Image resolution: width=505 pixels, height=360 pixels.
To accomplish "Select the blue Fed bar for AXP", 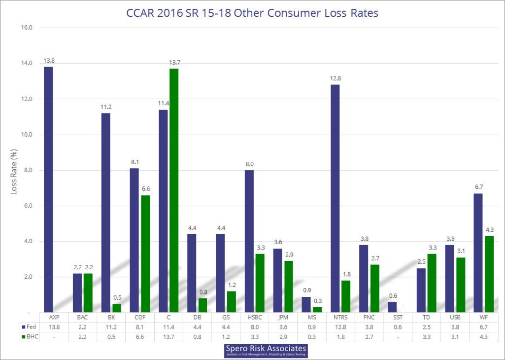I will [x=48, y=189].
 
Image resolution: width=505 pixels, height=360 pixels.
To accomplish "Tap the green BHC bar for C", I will [x=174, y=190].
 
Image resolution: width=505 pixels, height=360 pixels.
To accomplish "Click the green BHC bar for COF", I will [x=146, y=253].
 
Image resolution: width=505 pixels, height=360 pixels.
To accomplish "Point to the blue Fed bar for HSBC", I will [x=249, y=241].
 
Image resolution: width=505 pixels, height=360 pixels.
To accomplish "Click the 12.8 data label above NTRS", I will [x=335, y=78].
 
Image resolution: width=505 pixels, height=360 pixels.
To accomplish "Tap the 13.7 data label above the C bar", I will [x=174, y=63].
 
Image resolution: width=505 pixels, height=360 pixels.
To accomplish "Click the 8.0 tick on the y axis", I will [x=27, y=170].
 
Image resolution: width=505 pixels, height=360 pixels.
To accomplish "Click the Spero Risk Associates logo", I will [x=266, y=351].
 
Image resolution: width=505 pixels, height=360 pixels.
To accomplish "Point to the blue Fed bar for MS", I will [x=306, y=304].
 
